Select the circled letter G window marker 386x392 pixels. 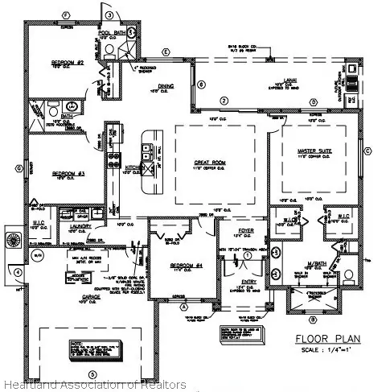pyautogui.click(x=17, y=168)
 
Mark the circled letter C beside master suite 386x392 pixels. pyautogui.click(x=367, y=151)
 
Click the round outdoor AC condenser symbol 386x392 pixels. pyautogui.click(x=14, y=240)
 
